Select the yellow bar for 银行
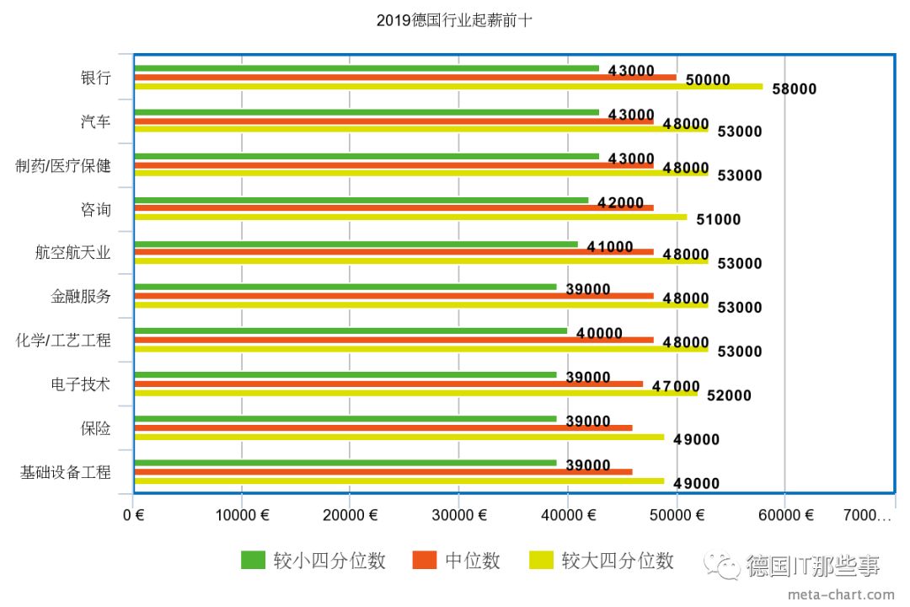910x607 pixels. click(448, 86)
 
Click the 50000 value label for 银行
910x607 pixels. click(707, 80)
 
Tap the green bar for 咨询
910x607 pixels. click(361, 200)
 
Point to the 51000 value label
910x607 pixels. click(717, 220)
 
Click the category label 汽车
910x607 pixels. click(95, 121)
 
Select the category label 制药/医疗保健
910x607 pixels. click(63, 165)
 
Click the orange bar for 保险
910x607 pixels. click(383, 428)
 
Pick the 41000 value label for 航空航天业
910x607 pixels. click(610, 247)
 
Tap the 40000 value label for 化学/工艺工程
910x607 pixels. click(599, 335)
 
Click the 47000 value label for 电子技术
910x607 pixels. click(676, 386)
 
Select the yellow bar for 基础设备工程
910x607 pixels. click(399, 481)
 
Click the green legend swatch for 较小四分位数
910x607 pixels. click(253, 560)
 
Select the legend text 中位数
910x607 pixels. click(473, 561)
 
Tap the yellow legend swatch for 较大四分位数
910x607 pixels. click(540, 560)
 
